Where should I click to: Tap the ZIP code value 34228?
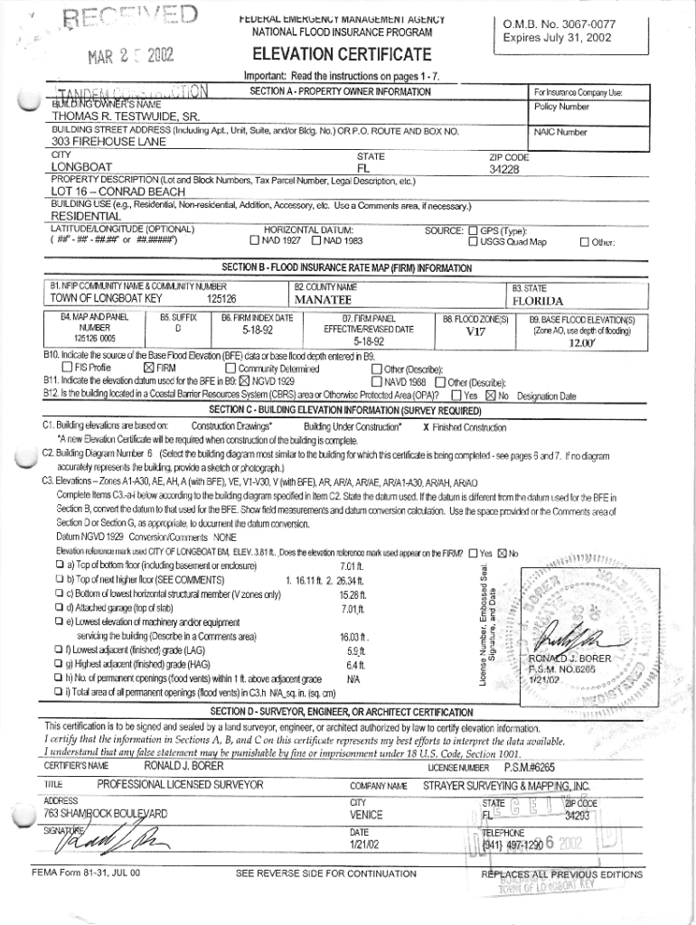coord(509,169)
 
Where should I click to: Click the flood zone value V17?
coord(475,332)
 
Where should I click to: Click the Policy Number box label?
coord(561,106)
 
